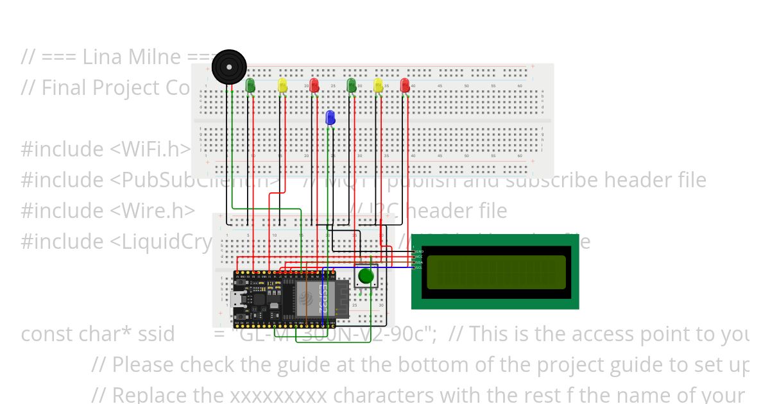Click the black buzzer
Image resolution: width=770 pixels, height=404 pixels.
pyautogui.click(x=230, y=66)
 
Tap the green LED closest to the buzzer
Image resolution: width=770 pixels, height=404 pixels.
pyautogui.click(x=250, y=85)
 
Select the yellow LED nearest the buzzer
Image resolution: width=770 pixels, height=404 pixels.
pyautogui.click(x=282, y=85)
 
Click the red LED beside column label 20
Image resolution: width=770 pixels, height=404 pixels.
pyautogui.click(x=314, y=85)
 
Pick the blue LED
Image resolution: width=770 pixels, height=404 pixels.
pyautogui.click(x=330, y=117)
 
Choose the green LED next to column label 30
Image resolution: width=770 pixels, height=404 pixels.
pyautogui.click(x=351, y=85)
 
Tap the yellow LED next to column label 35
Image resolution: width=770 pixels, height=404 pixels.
pyautogui.click(x=378, y=85)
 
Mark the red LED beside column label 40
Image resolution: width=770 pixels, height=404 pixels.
pyautogui.click(x=405, y=85)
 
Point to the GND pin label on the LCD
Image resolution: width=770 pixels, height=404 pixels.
pyautogui.click(x=419, y=251)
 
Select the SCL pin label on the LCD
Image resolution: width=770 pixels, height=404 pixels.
pyautogui.click(x=419, y=267)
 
